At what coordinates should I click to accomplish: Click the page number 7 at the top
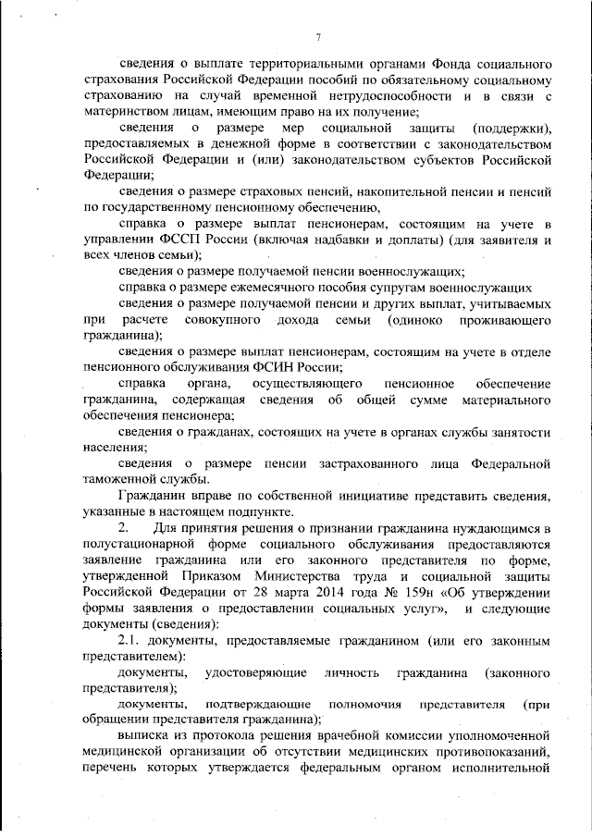(317, 37)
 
